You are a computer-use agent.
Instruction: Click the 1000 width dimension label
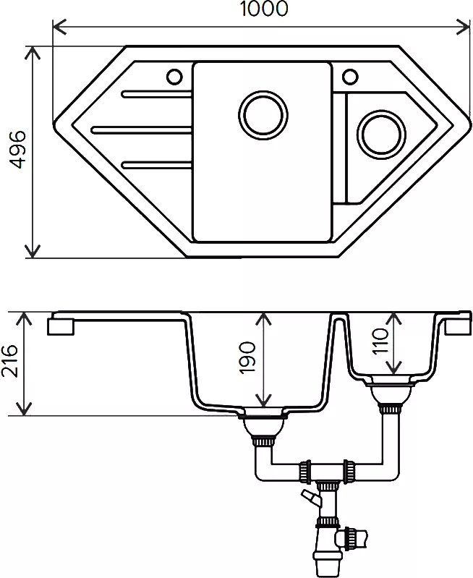pyautogui.click(x=263, y=9)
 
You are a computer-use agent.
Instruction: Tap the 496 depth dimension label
pyautogui.click(x=17, y=149)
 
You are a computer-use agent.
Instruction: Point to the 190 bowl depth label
pyautogui.click(x=247, y=357)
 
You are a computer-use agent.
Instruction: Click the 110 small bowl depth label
pyautogui.click(x=380, y=341)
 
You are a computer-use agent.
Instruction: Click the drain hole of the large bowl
pyautogui.click(x=263, y=114)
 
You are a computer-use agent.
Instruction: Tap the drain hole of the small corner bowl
pyautogui.click(x=381, y=135)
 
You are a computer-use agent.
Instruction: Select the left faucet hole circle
pyautogui.click(x=174, y=77)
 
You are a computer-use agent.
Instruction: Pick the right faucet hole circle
pyautogui.click(x=350, y=76)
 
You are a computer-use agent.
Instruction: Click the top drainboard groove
pyautogui.click(x=156, y=94)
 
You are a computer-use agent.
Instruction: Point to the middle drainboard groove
pyautogui.click(x=141, y=129)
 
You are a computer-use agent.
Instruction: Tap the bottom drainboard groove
pyautogui.click(x=156, y=164)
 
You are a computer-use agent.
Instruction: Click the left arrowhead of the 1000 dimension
pyautogui.click(x=59, y=27)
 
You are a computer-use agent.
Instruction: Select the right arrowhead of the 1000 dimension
pyautogui.click(x=464, y=27)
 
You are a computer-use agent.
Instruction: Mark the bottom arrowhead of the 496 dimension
pyautogui.click(x=33, y=252)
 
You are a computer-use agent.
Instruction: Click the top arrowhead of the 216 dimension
pyautogui.click(x=25, y=318)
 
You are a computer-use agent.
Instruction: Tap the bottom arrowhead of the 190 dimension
pyautogui.click(x=263, y=401)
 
